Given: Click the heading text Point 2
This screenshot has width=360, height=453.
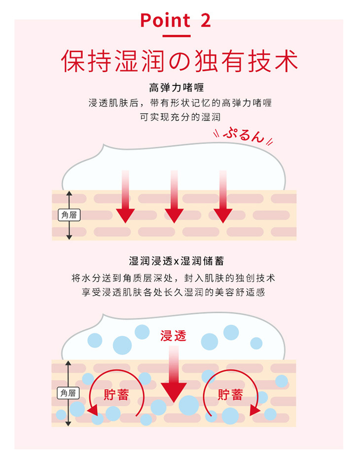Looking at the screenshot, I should pyautogui.click(x=176, y=20).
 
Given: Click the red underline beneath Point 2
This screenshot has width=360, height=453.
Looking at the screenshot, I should pyautogui.click(x=176, y=35).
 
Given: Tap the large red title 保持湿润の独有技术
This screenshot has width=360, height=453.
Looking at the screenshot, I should pyautogui.click(x=180, y=62).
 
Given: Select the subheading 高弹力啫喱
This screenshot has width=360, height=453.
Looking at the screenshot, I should pyautogui.click(x=180, y=89).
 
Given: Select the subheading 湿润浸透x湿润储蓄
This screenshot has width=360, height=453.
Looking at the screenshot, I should pyautogui.click(x=180, y=261).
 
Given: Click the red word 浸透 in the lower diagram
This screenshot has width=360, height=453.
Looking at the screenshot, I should pyautogui.click(x=174, y=336).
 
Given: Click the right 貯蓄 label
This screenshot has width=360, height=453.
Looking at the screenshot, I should pyautogui.click(x=230, y=395).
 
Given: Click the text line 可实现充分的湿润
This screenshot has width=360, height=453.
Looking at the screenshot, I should pyautogui.click(x=180, y=117).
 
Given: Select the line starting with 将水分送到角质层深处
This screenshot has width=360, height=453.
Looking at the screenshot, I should pyautogui.click(x=180, y=278).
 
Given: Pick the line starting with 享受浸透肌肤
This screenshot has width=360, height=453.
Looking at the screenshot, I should pyautogui.click(x=180, y=292).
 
